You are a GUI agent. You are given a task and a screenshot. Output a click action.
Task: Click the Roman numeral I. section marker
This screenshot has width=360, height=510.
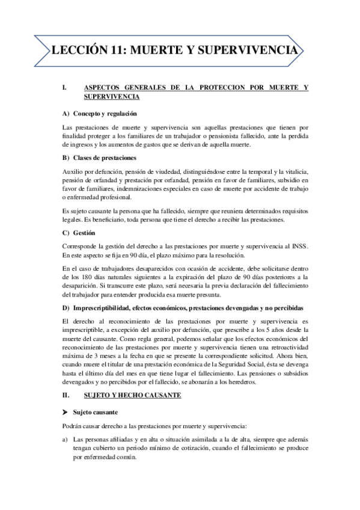pos(64,88)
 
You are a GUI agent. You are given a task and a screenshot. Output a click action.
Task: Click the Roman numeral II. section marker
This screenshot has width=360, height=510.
pos(66,396)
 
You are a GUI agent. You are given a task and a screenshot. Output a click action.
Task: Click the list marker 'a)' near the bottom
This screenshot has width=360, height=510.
pos(66,439)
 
